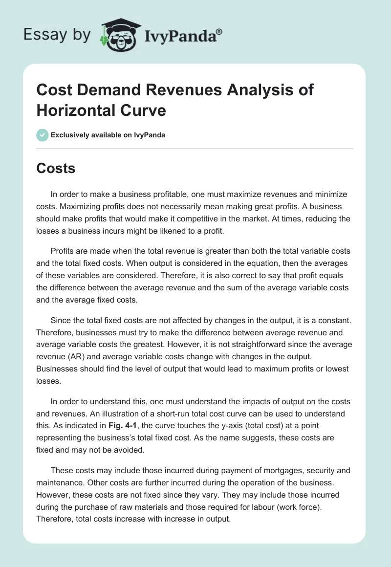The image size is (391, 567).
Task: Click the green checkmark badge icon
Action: [42, 135]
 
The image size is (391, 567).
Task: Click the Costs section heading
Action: [56, 168]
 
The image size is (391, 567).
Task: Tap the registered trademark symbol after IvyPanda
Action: [219, 31]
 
